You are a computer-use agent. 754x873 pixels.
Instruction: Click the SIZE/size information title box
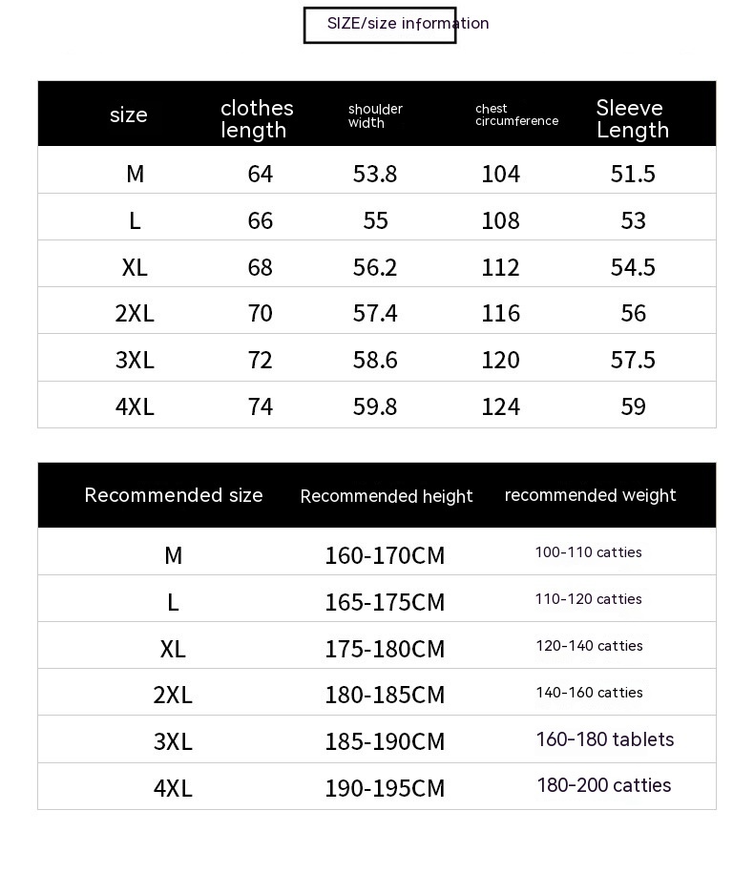(x=380, y=25)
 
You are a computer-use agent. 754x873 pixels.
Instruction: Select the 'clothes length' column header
(x=257, y=119)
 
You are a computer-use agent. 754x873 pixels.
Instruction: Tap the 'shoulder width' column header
(x=375, y=115)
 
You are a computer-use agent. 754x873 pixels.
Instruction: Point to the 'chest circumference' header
(x=516, y=114)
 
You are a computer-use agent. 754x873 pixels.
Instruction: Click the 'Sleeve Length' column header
(x=632, y=119)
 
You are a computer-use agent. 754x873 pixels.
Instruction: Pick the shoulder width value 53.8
(x=375, y=174)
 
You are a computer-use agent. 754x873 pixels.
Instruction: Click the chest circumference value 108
(x=501, y=220)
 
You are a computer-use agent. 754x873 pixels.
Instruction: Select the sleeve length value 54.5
(x=633, y=267)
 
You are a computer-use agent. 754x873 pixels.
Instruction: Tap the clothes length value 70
(x=260, y=313)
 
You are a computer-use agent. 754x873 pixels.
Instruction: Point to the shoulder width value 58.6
(x=375, y=360)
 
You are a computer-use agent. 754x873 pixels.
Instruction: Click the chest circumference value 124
(x=501, y=406)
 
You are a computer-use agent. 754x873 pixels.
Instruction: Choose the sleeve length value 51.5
(x=633, y=174)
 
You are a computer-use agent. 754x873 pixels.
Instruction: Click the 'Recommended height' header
(x=387, y=496)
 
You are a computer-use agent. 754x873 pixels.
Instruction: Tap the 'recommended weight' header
(x=590, y=495)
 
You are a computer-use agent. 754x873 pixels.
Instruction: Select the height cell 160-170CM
(x=385, y=555)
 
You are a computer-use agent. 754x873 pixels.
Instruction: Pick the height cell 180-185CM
(x=385, y=695)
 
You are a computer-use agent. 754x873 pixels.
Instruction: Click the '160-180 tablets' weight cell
(x=605, y=739)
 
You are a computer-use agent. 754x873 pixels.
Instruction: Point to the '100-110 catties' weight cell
(x=588, y=552)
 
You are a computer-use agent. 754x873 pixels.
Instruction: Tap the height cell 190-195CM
(x=385, y=788)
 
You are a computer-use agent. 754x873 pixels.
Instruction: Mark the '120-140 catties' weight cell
(x=589, y=646)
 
